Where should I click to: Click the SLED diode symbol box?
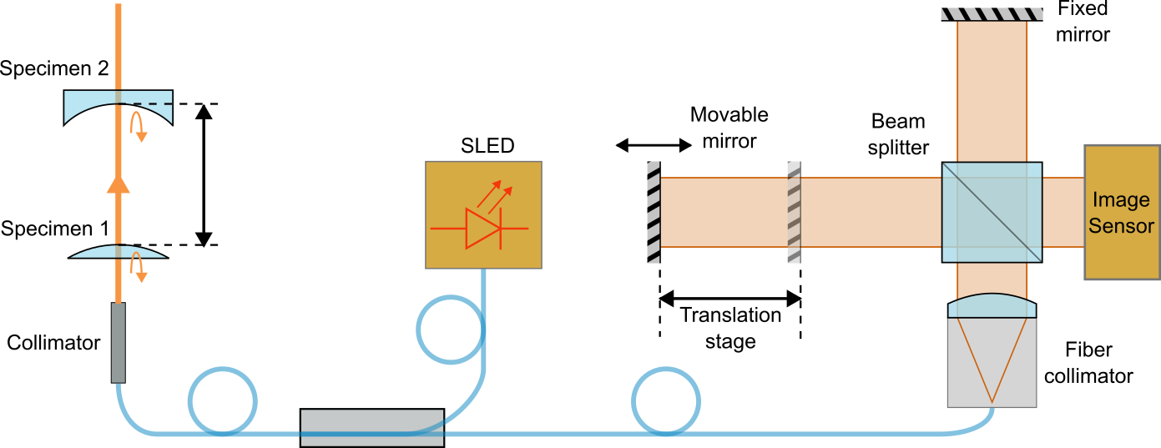[x=483, y=214]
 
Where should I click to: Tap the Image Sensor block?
[x=1121, y=212]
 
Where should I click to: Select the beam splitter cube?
[x=992, y=212]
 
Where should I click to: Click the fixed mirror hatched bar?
[x=992, y=13]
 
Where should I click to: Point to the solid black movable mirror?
[x=654, y=212]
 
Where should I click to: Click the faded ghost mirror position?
[x=795, y=212]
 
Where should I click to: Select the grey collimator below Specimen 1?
[x=119, y=342]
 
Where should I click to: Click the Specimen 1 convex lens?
[x=118, y=252]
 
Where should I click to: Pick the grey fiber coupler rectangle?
[x=371, y=427]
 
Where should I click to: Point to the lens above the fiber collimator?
[x=992, y=306]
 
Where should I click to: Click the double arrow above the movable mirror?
[x=654, y=146]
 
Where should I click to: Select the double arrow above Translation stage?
[x=730, y=296]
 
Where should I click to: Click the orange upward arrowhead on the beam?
[x=119, y=182]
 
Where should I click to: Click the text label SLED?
[x=487, y=147]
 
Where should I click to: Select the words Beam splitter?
[x=898, y=134]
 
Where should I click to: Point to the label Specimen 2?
[x=54, y=69]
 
